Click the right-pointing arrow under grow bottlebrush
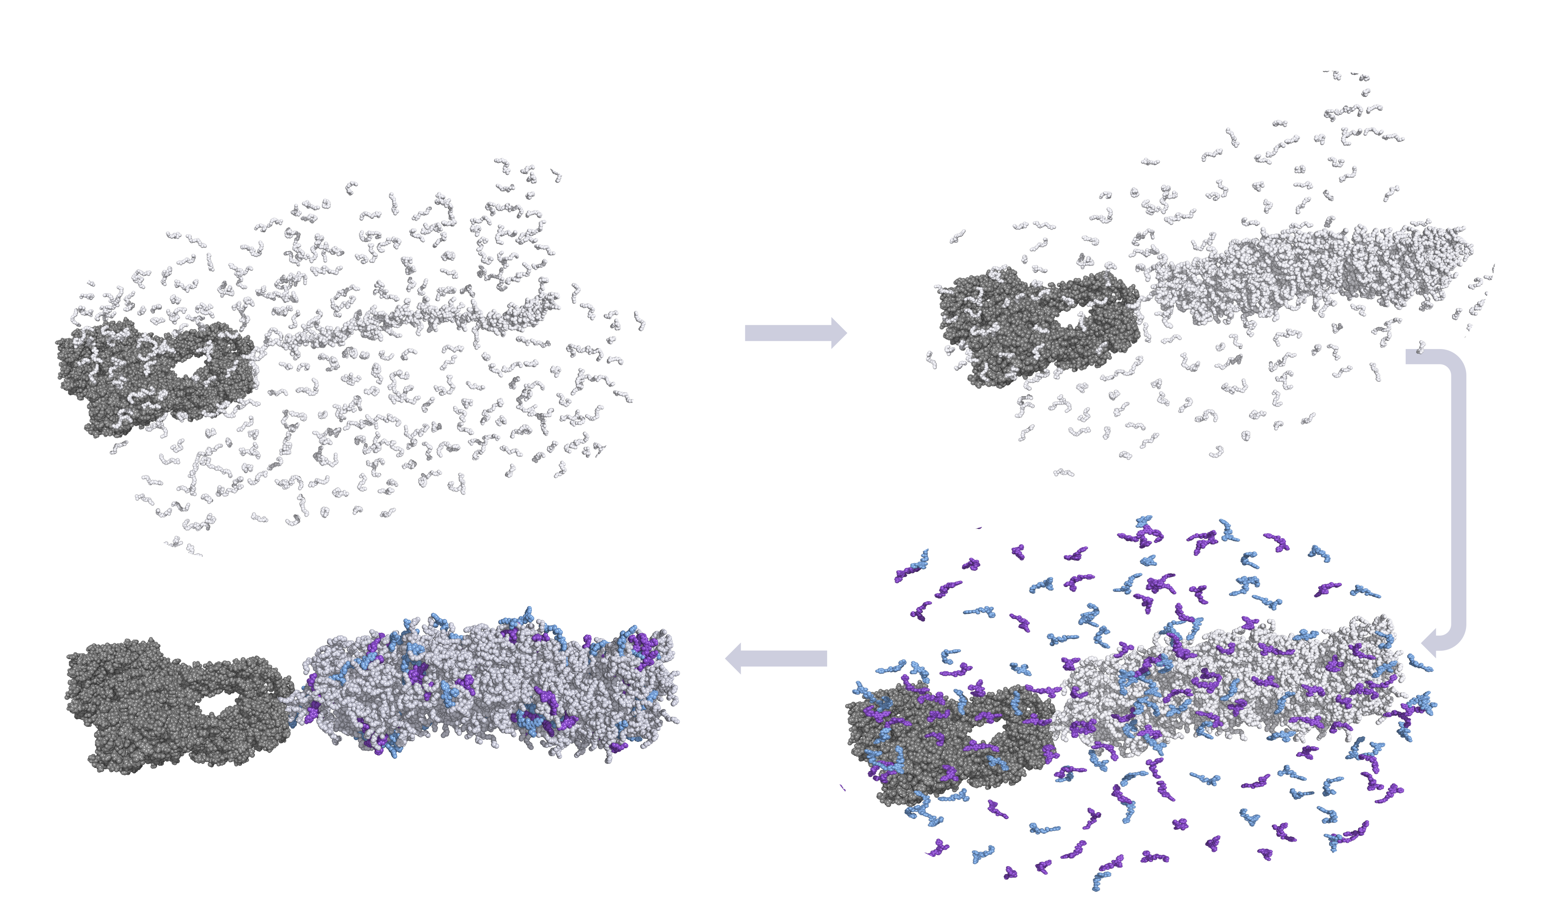click(795, 333)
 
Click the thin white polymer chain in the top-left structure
click(417, 319)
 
